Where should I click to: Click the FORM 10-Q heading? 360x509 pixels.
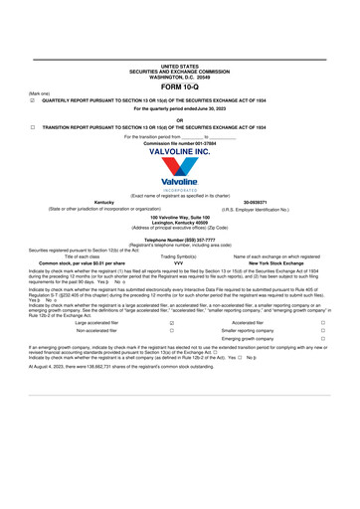(x=179, y=87)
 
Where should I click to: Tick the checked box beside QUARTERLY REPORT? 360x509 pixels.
(x=33, y=101)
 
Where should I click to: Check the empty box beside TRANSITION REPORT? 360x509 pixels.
(x=33, y=128)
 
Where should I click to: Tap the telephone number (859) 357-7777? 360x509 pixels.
(x=179, y=241)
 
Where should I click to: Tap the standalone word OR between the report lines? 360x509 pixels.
(x=179, y=119)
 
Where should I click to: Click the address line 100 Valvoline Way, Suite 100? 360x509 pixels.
(x=179, y=216)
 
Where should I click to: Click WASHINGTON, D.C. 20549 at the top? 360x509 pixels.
(x=179, y=78)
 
